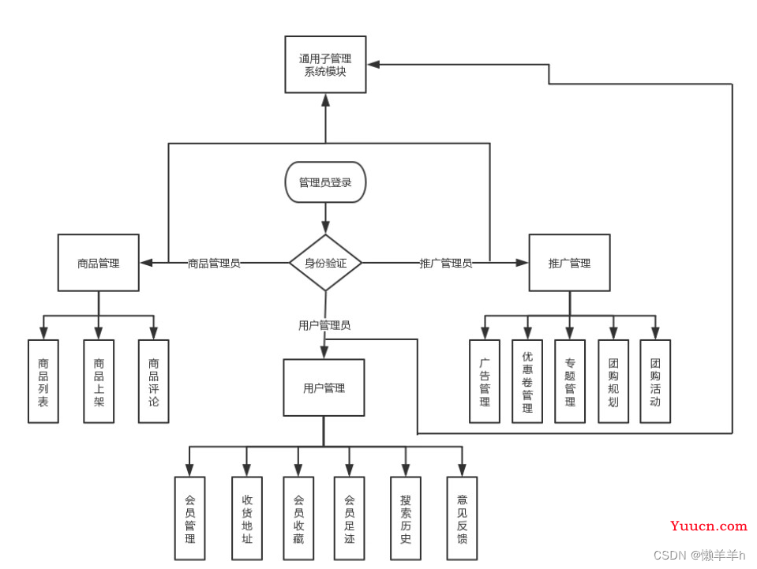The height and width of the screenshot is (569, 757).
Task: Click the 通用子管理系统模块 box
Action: [x=325, y=64]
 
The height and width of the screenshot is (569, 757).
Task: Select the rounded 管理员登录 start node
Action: [x=325, y=182]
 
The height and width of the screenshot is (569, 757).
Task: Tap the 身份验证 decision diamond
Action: [x=325, y=263]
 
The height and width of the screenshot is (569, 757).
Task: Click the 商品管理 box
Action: [x=99, y=263]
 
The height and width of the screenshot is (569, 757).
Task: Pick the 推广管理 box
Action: [x=570, y=263]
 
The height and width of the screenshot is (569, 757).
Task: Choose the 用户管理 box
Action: [x=324, y=387]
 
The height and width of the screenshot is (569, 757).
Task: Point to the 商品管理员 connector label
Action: [x=214, y=264]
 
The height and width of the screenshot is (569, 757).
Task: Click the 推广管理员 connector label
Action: [x=446, y=264]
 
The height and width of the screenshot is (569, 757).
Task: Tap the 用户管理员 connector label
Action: [x=324, y=325]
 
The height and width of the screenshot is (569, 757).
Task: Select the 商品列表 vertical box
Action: [x=43, y=381]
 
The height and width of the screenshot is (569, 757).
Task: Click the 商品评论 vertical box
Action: [x=153, y=381]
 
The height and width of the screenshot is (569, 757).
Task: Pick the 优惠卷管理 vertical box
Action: [x=527, y=381]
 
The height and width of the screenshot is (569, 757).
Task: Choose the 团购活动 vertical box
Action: [x=655, y=381]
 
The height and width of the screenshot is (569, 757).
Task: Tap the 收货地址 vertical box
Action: [x=247, y=518]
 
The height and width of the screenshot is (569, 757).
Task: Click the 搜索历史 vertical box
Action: [x=406, y=518]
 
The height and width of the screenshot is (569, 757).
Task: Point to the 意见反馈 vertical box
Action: [x=462, y=518]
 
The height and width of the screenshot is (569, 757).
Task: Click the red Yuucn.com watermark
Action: [x=709, y=526]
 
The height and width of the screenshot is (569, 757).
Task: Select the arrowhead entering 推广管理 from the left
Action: [x=523, y=263]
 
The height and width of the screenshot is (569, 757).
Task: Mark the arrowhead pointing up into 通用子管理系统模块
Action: [x=326, y=100]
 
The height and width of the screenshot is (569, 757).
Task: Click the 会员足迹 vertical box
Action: [x=349, y=518]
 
